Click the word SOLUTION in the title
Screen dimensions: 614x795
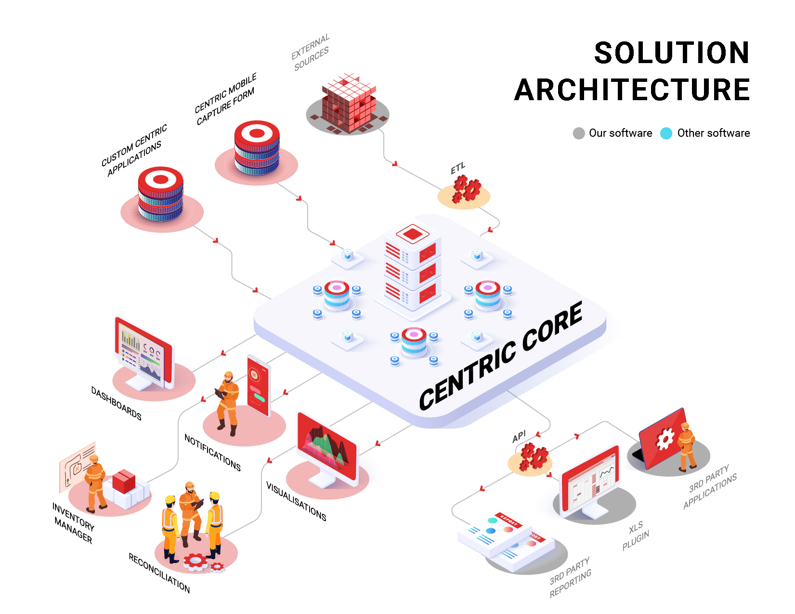click(672, 53)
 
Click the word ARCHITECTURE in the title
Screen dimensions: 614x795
click(632, 90)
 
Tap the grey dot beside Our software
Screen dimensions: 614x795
click(579, 133)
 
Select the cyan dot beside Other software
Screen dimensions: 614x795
click(666, 133)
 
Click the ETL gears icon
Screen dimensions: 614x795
click(466, 189)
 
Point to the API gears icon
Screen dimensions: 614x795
click(533, 457)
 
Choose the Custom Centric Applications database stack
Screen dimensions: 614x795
click(160, 194)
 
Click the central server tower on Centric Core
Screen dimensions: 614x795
click(412, 270)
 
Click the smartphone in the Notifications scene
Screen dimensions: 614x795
click(259, 385)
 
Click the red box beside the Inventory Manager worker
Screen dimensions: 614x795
click(124, 481)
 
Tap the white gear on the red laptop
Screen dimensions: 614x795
click(665, 438)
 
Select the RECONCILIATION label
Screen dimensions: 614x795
click(159, 573)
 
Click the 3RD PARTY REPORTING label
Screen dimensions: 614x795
click(571, 577)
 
